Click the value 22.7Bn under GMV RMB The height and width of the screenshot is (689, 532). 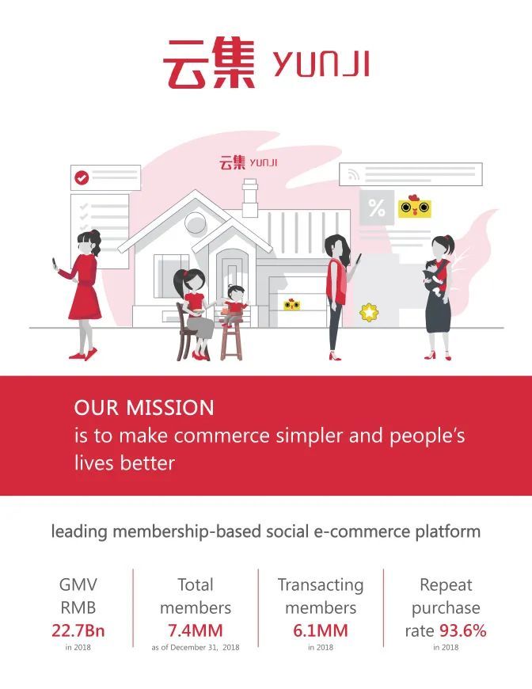tap(78, 630)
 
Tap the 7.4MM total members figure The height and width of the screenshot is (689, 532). tap(196, 630)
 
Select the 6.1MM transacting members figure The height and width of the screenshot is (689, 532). tap(321, 630)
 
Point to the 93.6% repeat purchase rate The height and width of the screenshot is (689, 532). tap(463, 630)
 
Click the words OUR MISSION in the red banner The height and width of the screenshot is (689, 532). tap(144, 408)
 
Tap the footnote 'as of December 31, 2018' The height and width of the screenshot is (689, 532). tap(196, 647)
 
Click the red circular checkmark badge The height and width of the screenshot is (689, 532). tap(82, 177)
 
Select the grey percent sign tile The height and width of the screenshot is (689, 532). tap(377, 207)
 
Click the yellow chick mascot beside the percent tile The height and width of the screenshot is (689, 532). tap(414, 207)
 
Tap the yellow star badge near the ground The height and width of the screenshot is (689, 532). tap(369, 312)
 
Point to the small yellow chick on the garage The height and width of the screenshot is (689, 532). tap(291, 304)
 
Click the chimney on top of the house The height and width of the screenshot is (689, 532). tap(250, 197)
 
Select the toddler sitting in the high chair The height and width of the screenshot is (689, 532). tap(234, 304)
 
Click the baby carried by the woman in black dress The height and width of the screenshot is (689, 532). tap(434, 278)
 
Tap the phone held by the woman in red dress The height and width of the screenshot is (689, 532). tap(55, 264)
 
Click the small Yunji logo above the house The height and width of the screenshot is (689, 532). tap(249, 162)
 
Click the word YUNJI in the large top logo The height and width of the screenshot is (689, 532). tap(321, 65)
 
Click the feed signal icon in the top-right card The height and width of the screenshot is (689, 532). tap(353, 175)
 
